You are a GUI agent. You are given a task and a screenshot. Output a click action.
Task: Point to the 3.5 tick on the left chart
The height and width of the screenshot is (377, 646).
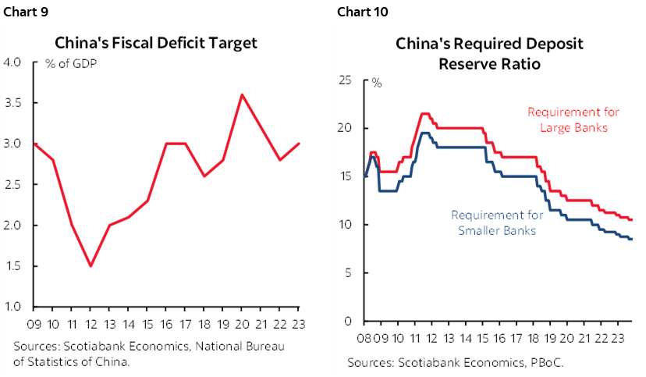coord(15,103)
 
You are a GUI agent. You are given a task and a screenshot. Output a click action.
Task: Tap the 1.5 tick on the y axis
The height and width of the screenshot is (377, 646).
coord(15,265)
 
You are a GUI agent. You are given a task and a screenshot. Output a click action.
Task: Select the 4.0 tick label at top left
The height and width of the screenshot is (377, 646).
coord(15,62)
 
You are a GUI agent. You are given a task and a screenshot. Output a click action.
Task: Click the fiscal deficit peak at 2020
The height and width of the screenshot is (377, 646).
coord(242,94)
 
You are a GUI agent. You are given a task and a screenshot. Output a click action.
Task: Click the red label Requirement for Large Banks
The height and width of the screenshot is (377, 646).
coord(567,119)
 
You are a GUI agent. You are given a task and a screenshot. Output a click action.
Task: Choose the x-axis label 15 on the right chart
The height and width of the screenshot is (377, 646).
coord(486,338)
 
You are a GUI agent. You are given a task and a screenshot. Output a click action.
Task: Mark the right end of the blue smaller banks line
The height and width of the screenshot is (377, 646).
coord(630,239)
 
